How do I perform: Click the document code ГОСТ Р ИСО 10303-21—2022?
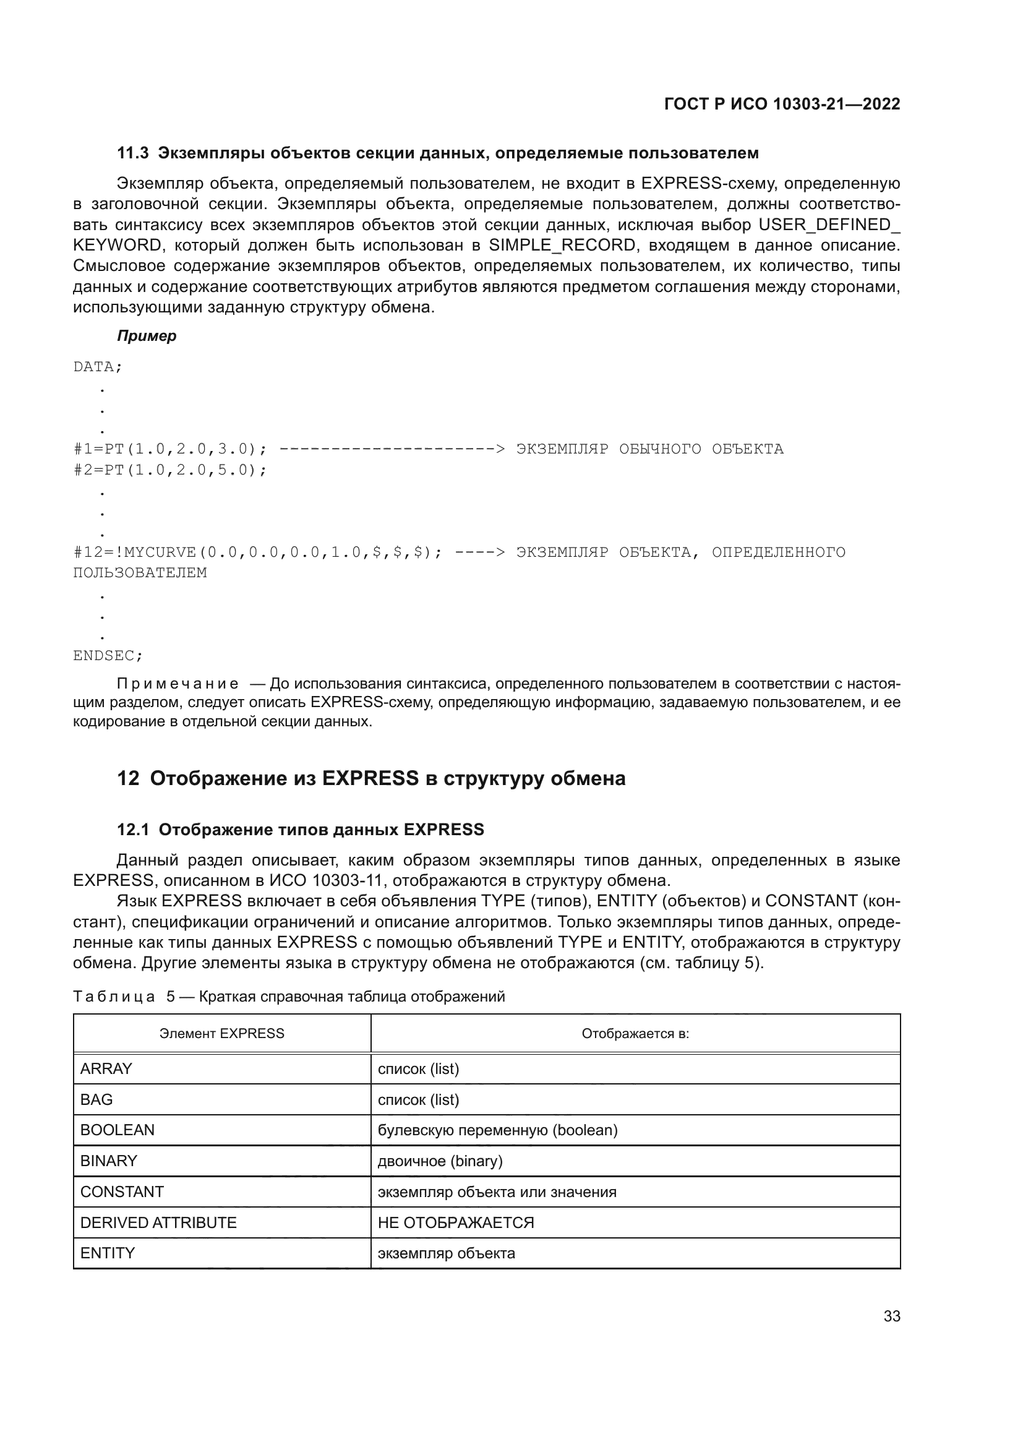(782, 104)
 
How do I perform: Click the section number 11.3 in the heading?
(133, 153)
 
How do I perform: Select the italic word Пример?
(147, 336)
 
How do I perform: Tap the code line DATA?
(98, 367)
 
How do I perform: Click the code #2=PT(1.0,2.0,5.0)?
(170, 470)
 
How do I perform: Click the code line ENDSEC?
(108, 656)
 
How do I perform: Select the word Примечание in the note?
(178, 684)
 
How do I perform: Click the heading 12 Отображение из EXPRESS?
(371, 779)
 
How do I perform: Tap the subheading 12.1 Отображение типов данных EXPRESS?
(301, 830)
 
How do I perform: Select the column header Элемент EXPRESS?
(222, 1034)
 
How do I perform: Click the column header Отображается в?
(635, 1034)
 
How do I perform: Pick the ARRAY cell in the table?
(106, 1069)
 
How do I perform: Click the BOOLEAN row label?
(117, 1130)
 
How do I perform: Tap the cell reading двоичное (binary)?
(440, 1161)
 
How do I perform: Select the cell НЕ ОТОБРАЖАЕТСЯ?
(455, 1222)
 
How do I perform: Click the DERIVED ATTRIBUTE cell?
(158, 1222)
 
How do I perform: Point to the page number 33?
(891, 1316)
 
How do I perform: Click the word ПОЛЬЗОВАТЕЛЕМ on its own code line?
(140, 573)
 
